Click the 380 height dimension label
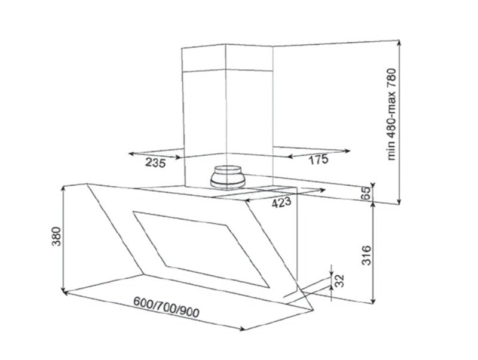[57, 236]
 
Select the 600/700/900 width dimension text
[167, 307]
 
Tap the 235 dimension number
[155, 162]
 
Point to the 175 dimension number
[319, 159]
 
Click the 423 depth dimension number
[281, 202]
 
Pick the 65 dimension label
[366, 193]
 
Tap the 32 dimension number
[339, 281]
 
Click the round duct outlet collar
[228, 177]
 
